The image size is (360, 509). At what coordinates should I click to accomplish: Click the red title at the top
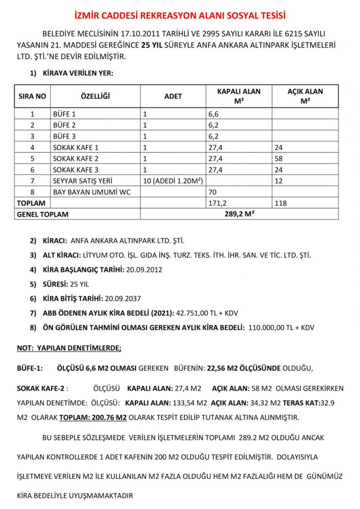pos(180,16)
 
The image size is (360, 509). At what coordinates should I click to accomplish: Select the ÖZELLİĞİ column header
pos(95,96)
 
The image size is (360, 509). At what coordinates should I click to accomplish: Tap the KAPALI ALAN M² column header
pos(238,96)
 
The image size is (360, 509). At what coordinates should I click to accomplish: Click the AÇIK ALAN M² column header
pos(305,96)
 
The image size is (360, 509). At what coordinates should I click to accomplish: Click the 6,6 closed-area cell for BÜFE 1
pos(213,114)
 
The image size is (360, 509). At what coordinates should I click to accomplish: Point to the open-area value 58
pos(278,159)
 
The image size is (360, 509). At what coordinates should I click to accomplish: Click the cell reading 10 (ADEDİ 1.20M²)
pos(172,181)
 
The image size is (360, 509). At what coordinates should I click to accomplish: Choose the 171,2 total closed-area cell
pos(218,203)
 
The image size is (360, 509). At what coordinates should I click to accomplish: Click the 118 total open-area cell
pos(280,203)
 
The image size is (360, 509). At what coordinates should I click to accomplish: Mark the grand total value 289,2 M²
pos(239,214)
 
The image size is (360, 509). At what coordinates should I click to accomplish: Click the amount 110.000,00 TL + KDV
pos(281,328)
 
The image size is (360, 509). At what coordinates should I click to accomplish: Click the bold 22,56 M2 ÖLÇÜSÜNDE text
pos(244,368)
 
